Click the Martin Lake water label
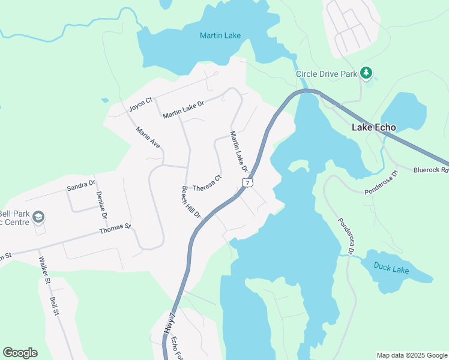(220, 35)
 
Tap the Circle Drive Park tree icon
(366, 74)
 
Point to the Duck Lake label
(391, 269)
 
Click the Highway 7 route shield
(247, 182)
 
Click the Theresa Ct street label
(207, 182)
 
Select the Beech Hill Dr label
(191, 202)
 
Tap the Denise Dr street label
(100, 205)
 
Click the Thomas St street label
(115, 228)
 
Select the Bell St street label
(55, 306)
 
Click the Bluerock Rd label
(432, 170)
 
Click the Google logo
(20, 353)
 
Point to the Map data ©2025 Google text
(412, 355)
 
